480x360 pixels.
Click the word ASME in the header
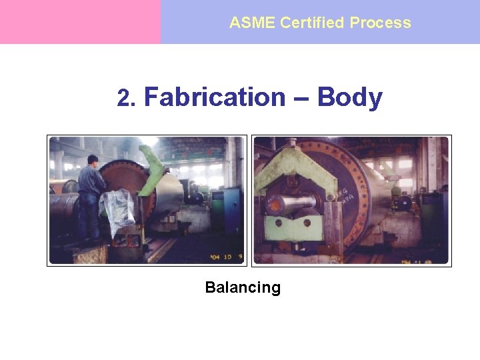tap(253, 23)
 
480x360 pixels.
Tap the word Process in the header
tap(380, 23)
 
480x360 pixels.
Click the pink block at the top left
tap(80, 21)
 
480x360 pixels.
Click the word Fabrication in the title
tap(214, 97)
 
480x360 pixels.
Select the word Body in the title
tap(349, 97)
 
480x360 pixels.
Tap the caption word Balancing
tap(243, 288)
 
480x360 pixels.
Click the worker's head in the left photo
tap(93, 160)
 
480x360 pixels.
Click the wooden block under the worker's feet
tap(91, 254)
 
